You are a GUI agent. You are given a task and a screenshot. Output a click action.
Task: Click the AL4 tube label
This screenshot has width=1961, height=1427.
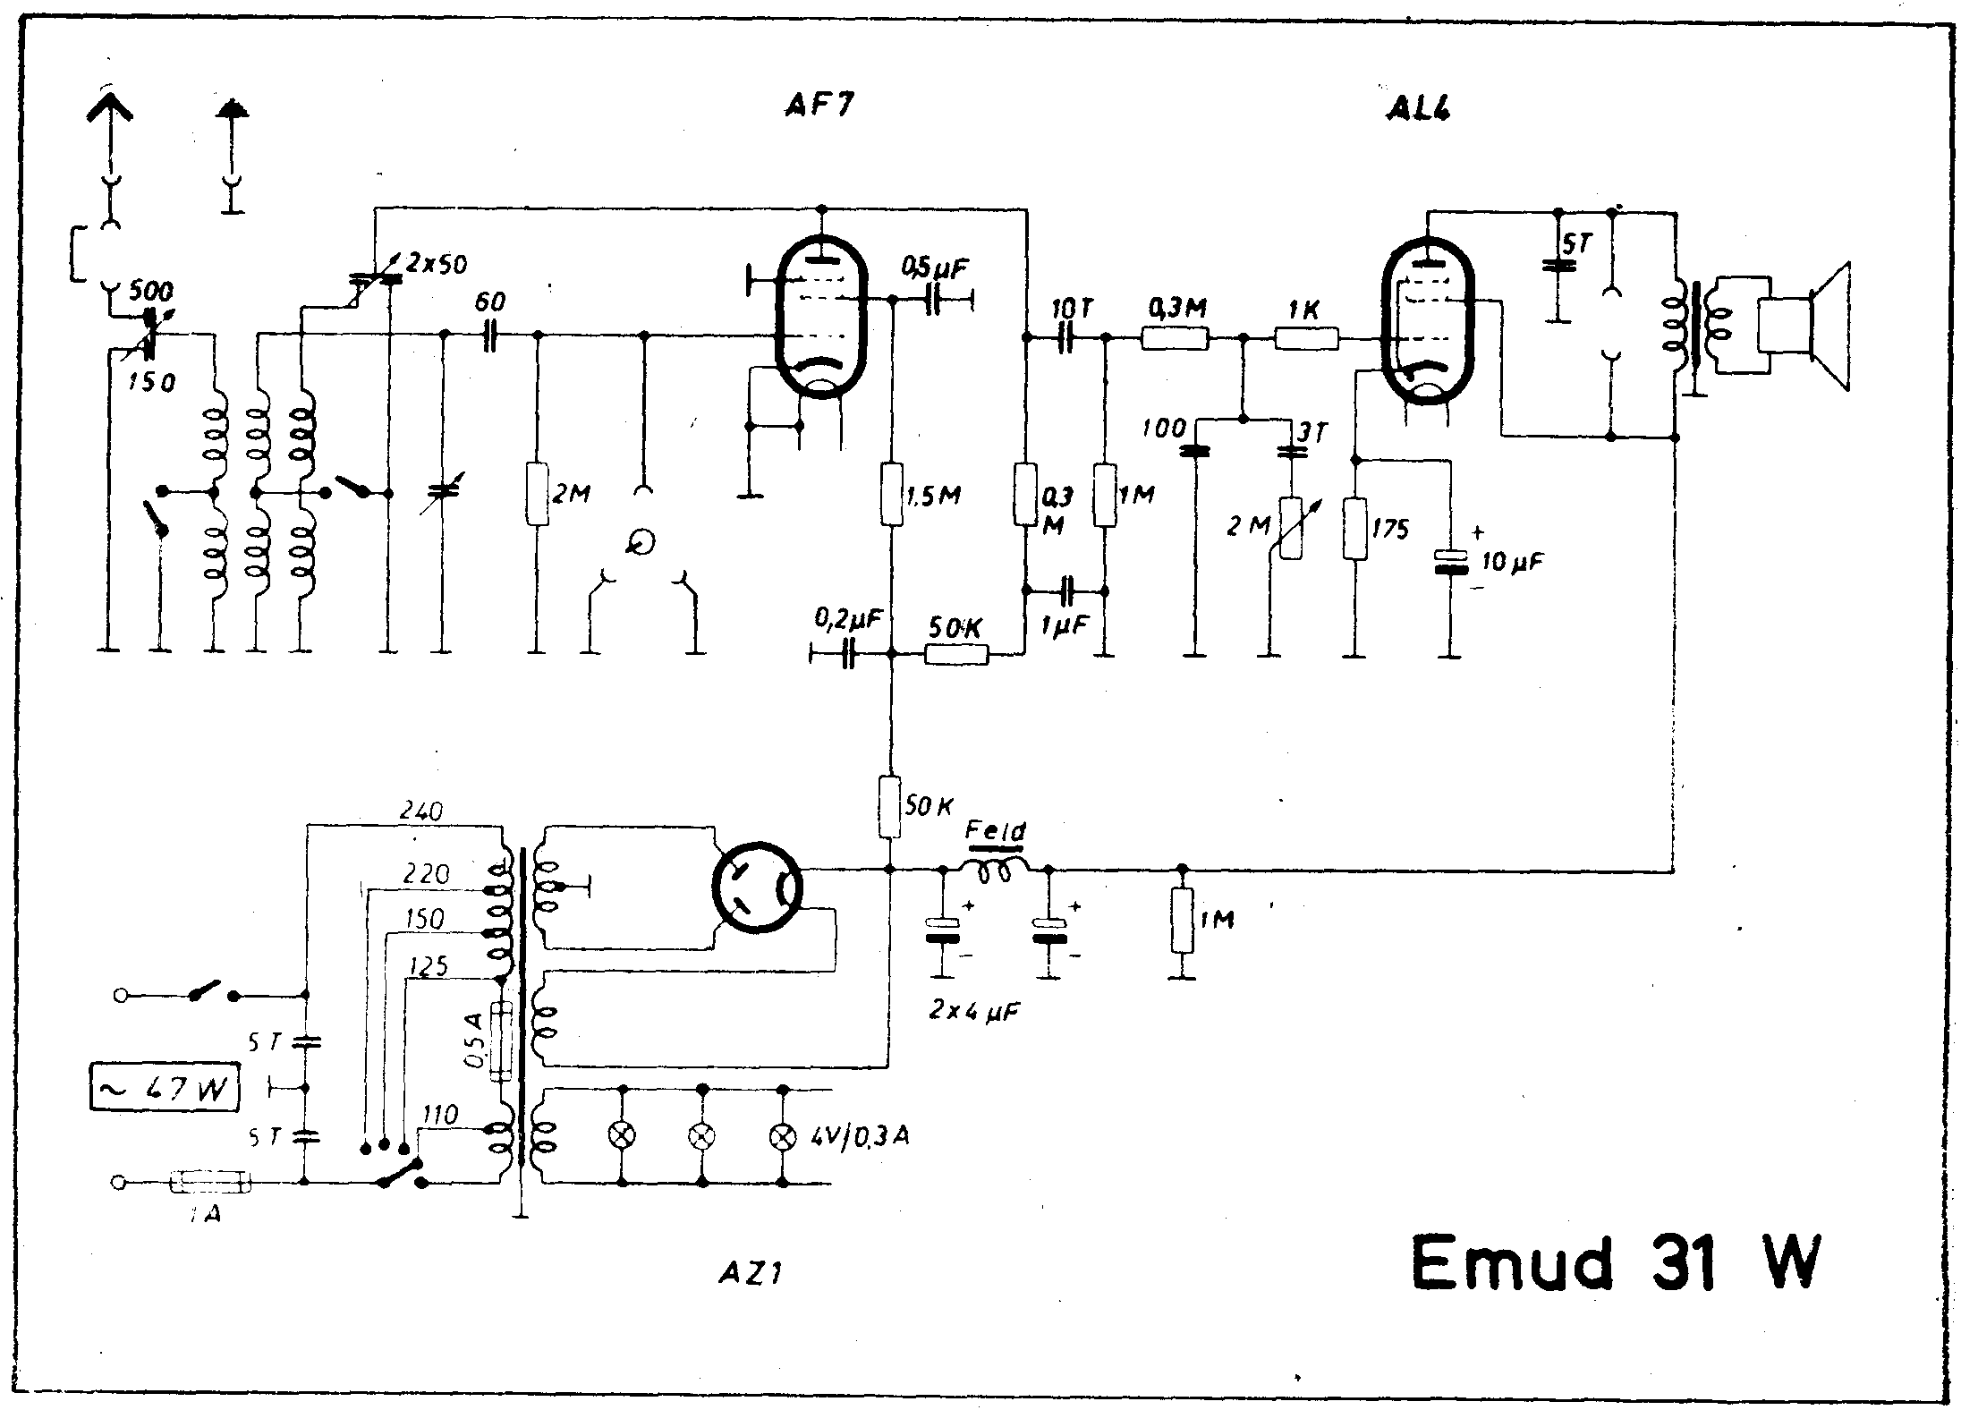coord(1416,108)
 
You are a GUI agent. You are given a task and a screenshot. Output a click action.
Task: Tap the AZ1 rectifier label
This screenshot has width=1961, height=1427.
coord(751,1272)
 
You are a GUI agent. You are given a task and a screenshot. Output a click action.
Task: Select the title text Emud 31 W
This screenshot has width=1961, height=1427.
coord(1615,1261)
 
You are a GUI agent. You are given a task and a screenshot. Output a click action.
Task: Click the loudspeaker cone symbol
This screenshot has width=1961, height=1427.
coord(1829,327)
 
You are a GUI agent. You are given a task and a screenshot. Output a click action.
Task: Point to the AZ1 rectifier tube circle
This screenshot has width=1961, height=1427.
coord(757,888)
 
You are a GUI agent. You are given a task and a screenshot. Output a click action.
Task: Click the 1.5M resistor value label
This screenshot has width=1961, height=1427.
coord(933,495)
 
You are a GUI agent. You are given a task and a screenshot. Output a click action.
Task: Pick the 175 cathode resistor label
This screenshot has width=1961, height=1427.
coord(1389,529)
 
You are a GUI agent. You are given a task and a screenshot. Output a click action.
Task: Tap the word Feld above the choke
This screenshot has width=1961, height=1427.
coord(996,832)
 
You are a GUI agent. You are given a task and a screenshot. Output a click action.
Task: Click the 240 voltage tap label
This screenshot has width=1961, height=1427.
coord(421,811)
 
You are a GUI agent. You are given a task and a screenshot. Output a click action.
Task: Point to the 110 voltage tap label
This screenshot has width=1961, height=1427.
coord(439,1114)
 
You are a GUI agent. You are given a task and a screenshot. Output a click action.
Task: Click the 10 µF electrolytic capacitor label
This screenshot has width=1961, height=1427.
coord(1512,562)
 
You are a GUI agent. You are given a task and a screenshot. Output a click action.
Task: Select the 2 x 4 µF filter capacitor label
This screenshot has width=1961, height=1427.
coord(975,1011)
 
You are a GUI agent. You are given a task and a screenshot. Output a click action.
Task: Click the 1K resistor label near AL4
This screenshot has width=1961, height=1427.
coord(1304,310)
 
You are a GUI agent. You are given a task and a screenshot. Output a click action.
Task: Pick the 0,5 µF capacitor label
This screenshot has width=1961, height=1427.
coord(935,267)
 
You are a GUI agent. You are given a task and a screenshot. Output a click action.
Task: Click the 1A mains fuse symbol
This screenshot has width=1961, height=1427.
coord(211,1183)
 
